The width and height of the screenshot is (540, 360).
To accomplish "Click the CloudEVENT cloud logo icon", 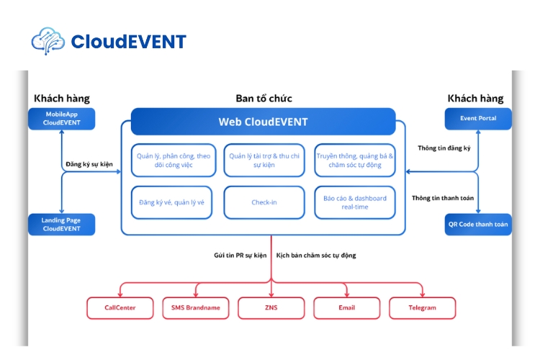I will pos(48,41).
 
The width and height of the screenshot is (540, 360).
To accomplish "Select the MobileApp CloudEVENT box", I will pos(61,118).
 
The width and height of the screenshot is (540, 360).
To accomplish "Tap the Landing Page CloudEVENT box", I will pos(61,224).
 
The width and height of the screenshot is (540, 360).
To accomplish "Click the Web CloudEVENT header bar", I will pos(263,122).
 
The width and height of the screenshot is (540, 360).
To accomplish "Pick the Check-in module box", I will pos(264,202).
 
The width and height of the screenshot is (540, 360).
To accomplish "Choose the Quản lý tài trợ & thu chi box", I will pos(264,160).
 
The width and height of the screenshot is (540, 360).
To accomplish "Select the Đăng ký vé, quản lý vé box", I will pos(171,202).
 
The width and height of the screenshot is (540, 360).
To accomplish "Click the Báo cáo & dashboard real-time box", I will pos(355,202).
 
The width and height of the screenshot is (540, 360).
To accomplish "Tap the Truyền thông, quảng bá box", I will pos(355,160).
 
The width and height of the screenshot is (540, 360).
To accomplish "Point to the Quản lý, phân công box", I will pos(171,160).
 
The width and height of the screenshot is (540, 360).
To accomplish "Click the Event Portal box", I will pos(478,118).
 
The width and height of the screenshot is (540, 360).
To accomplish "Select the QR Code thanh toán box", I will pos(478,224).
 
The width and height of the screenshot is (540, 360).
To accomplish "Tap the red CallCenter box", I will pos(120,307).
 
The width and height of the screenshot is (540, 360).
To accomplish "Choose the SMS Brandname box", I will pos(195,307).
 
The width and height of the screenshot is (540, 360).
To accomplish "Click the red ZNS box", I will pos(271,307).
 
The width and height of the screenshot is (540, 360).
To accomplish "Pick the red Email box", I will pos(347,307).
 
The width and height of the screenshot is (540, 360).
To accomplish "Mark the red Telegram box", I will pos(423,307).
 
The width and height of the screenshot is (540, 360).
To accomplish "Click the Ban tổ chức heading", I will pos(264,99).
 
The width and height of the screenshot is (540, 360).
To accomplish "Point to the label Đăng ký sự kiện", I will pos(89,164).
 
